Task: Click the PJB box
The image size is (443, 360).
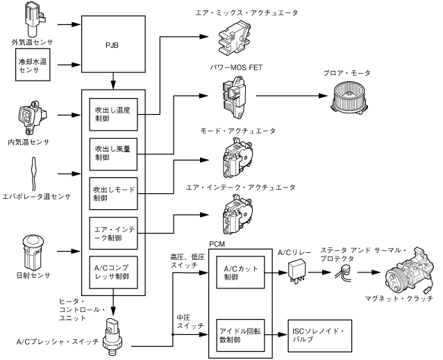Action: (113, 47)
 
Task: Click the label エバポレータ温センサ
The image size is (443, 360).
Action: (36, 197)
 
